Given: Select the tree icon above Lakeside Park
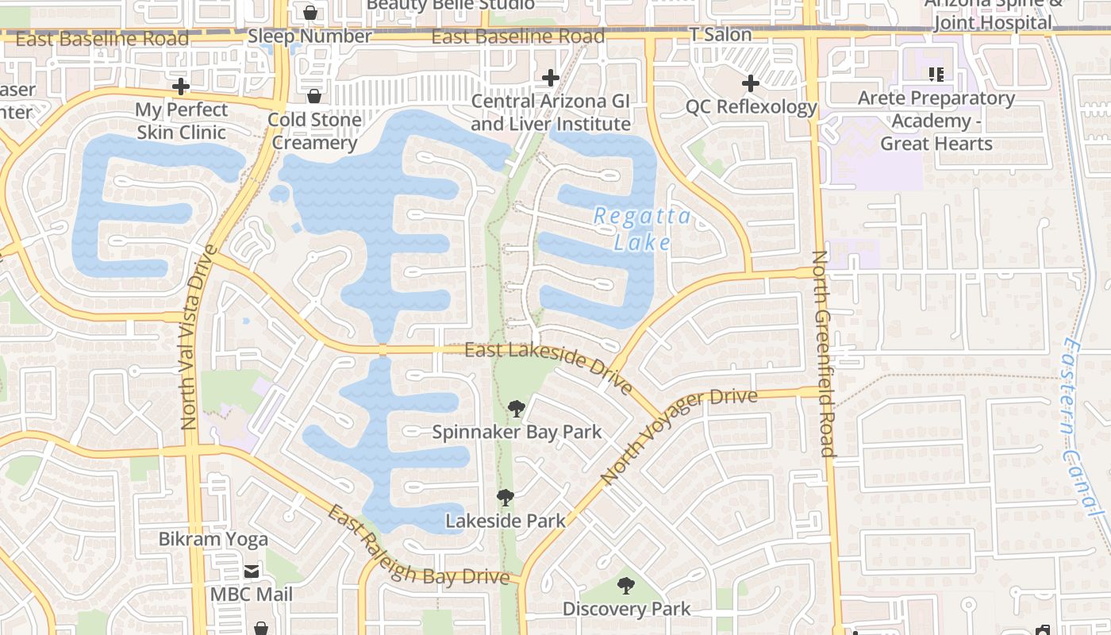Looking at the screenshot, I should pyautogui.click(x=505, y=498).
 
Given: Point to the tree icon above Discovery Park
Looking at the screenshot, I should pyautogui.click(x=626, y=587).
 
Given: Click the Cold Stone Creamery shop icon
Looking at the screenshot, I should pyautogui.click(x=314, y=96).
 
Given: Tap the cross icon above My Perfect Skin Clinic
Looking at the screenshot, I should pyautogui.click(x=181, y=86).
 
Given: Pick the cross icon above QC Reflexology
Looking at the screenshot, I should pyautogui.click(x=750, y=83).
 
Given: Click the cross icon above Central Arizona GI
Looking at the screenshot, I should pyautogui.click(x=550, y=78).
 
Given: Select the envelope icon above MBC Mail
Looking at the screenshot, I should pyautogui.click(x=252, y=571).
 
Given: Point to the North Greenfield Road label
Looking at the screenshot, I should pyautogui.click(x=822, y=354).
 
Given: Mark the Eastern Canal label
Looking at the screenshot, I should pyautogui.click(x=1084, y=429).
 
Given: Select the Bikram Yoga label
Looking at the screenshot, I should pyautogui.click(x=213, y=539).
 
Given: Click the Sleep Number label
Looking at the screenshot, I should pyautogui.click(x=309, y=37).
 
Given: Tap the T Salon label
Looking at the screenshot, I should pyautogui.click(x=721, y=34).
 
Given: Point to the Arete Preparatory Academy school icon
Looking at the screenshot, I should pyautogui.click(x=936, y=75).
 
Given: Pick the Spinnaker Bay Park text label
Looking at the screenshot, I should pyautogui.click(x=517, y=433).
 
